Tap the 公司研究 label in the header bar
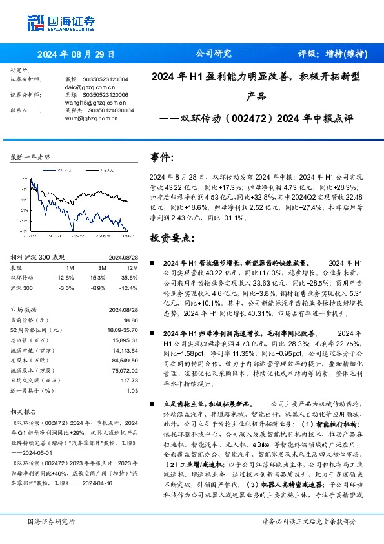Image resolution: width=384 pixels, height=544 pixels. (213, 54)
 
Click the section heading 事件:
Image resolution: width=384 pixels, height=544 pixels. (162, 157)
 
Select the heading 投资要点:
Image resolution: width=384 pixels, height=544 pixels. (172, 238)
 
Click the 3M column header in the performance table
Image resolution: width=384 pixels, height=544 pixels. (102, 267)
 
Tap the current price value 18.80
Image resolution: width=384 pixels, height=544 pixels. (131, 320)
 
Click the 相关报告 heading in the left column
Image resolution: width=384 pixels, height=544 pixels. (25, 410)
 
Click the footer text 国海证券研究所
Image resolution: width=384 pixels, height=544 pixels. (52, 521)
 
